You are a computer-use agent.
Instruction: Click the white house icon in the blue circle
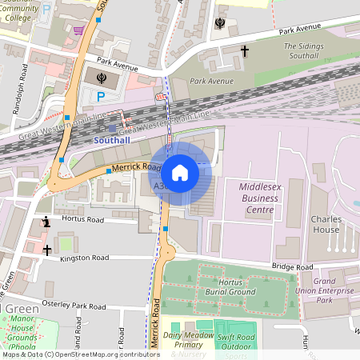[x=180, y=172]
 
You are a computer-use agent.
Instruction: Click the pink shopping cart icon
[x=78, y=30]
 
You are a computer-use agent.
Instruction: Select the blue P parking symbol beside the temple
[x=100, y=97]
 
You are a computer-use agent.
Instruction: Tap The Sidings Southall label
[x=305, y=51]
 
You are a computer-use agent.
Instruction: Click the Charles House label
[x=325, y=225]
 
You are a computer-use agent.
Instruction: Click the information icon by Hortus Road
[x=47, y=222]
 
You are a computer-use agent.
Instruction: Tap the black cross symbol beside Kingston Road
[x=47, y=250]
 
